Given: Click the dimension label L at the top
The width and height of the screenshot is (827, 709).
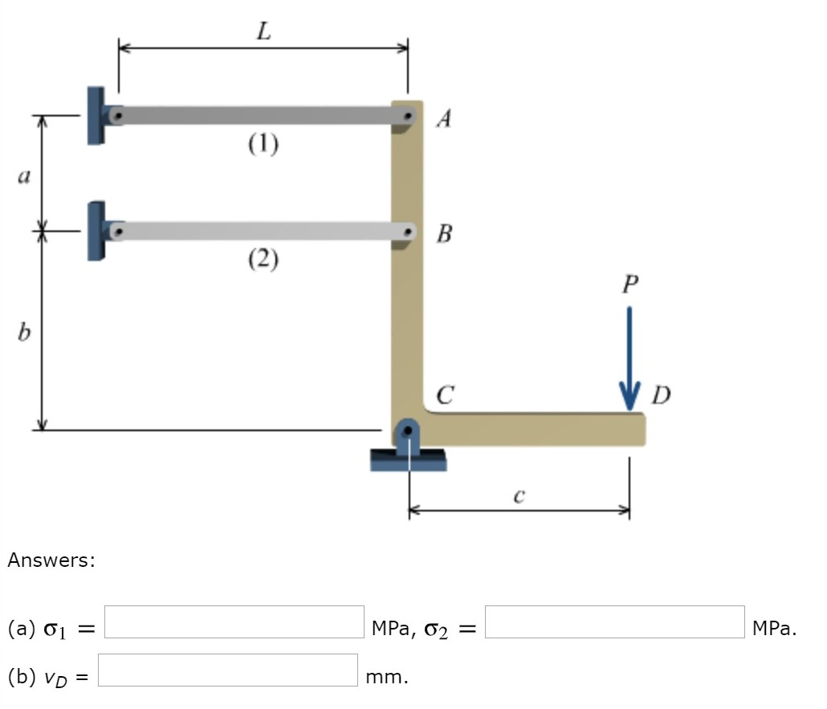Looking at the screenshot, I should pos(263,31).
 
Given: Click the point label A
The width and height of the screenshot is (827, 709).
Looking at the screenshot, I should pos(444,120).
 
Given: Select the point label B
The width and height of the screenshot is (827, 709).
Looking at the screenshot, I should pos(444,234).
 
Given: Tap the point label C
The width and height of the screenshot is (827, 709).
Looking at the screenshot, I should pos(445,395).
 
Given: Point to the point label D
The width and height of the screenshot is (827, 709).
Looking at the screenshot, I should pos(661,395).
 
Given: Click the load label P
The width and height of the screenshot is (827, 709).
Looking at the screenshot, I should pos(629,285).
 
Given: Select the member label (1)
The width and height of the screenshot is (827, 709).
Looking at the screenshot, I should pos(263,144).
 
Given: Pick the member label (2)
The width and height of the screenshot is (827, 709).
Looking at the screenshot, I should pos(263,259).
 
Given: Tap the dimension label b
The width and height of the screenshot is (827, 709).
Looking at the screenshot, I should pos(24,331).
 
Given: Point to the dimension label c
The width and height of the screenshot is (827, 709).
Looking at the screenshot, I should pos(519,496).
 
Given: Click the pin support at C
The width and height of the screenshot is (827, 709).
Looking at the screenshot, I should pos(408,442).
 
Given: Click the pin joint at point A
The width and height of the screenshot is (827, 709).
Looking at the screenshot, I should pos(409,116).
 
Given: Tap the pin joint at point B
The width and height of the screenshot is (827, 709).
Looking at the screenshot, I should pos(409,232).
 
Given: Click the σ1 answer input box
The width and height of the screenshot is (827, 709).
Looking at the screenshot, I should pos(234,622).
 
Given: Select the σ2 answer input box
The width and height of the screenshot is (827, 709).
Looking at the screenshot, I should pos(614,622).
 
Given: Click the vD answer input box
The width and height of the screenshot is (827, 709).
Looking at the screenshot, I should pos(228,670).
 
